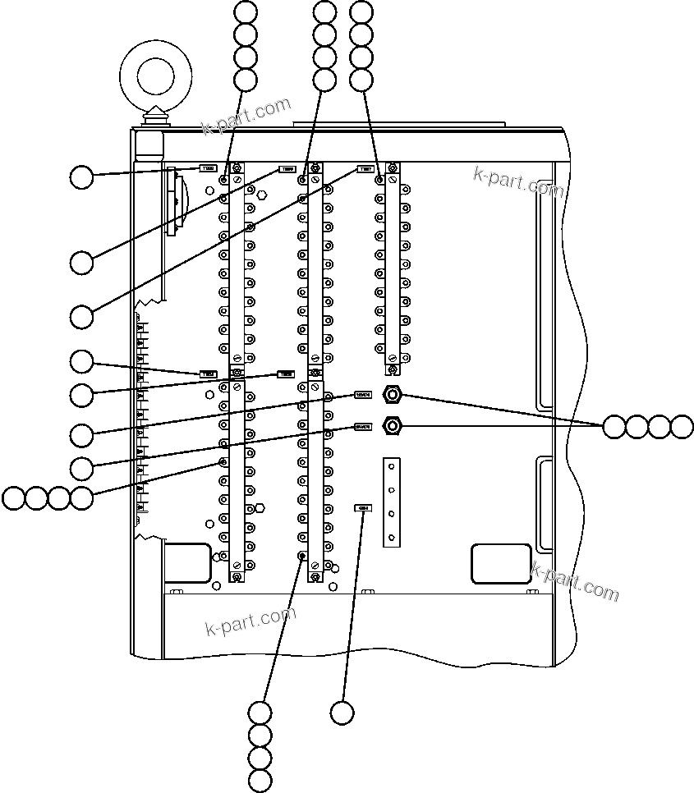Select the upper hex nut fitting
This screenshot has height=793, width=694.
[393, 395]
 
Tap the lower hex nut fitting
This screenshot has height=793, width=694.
[393, 426]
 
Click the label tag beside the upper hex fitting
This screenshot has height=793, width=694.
[363, 395]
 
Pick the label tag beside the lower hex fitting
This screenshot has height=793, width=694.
[363, 427]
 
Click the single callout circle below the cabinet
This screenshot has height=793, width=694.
[342, 713]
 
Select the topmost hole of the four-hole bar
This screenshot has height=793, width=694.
[392, 465]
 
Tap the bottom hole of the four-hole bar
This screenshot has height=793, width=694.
[392, 538]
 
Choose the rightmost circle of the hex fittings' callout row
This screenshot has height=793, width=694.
[682, 427]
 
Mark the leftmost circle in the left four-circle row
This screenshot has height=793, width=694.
[13, 497]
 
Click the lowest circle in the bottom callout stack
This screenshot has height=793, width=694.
[260, 781]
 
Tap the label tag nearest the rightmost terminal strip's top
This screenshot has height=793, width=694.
[365, 170]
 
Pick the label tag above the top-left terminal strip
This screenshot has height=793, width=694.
[209, 169]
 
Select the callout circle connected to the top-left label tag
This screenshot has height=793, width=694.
[80, 177]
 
